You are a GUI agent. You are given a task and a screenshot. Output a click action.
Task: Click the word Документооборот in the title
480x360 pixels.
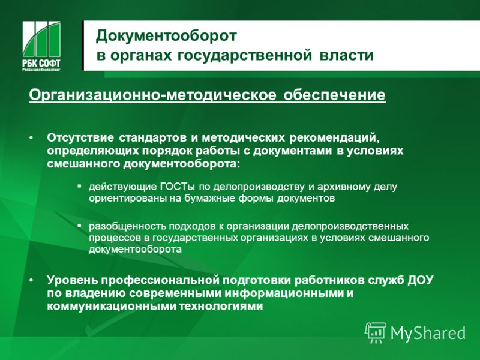click(x=166, y=37)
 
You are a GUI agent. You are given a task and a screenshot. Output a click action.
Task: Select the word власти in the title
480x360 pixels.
click(x=347, y=56)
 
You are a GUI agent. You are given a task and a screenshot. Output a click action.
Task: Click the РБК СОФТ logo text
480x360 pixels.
click(x=41, y=63)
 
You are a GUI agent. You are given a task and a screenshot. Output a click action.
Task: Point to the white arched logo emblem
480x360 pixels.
click(x=41, y=39)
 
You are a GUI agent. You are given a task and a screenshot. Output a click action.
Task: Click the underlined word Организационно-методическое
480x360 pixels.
click(x=152, y=95)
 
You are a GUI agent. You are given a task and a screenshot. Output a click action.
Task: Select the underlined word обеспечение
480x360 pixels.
click(x=334, y=95)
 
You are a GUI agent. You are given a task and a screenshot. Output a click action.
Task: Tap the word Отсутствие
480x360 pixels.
click(x=80, y=138)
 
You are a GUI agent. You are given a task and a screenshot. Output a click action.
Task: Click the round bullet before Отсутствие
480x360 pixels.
click(x=31, y=139)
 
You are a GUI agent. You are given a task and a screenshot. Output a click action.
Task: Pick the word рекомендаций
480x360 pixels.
click(x=335, y=138)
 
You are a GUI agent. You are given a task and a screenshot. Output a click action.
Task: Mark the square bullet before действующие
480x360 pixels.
click(x=80, y=186)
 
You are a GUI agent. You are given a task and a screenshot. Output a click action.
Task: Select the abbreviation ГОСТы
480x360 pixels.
click(x=178, y=187)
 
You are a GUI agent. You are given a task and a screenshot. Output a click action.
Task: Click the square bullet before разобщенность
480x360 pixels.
click(x=80, y=226)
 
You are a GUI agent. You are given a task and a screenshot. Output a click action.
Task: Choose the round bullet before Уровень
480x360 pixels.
click(x=31, y=280)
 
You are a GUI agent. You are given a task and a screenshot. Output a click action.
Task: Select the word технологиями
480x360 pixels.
click(x=221, y=307)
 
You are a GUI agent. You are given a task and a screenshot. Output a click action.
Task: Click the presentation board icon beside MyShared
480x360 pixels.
click(x=375, y=333)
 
